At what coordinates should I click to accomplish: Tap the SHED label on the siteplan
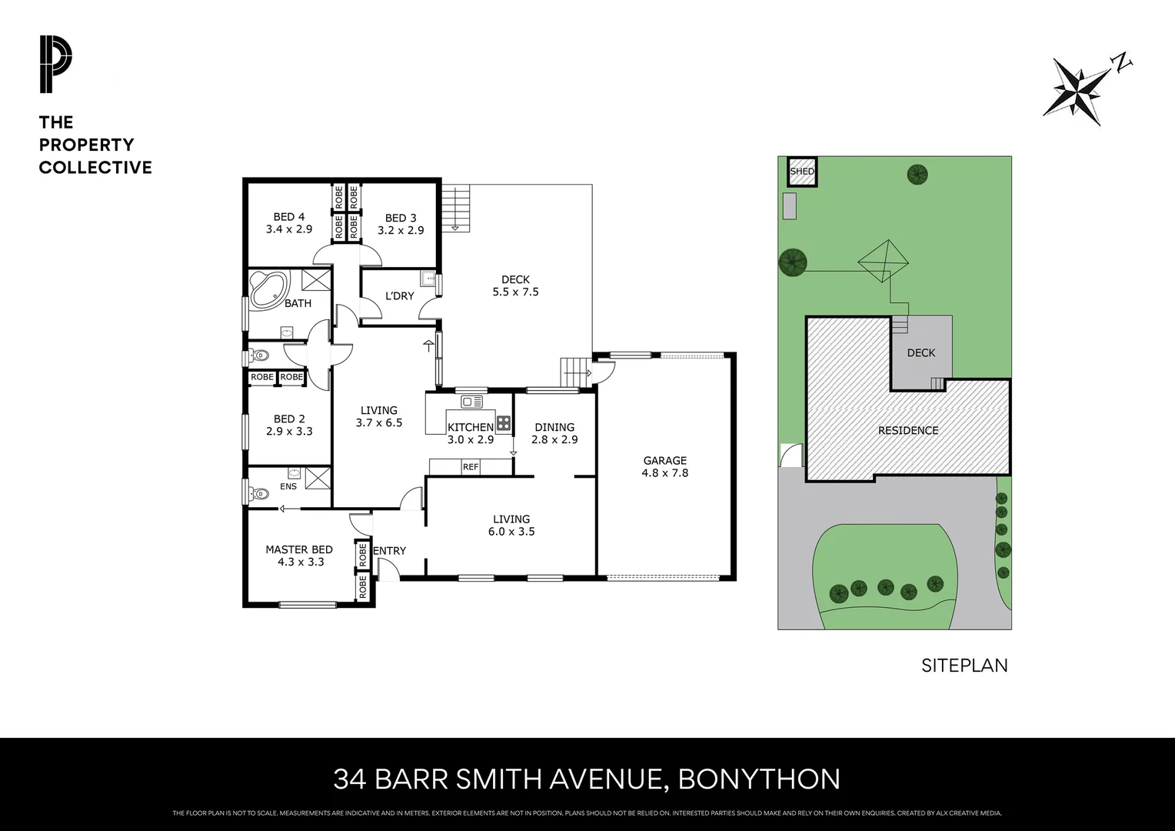coord(802,171)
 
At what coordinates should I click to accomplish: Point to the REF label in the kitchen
coord(470,466)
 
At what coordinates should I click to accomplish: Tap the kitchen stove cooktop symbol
coord(504,422)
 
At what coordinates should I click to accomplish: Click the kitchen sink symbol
coord(471,402)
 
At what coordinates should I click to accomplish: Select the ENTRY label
coord(389,550)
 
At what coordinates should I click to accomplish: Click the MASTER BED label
coord(299,549)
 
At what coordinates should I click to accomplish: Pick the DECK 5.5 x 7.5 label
coord(515,285)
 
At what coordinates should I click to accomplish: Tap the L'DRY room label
coord(399,295)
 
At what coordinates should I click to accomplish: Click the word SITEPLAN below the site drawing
coord(964,666)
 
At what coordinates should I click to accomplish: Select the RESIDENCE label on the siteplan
coord(908,430)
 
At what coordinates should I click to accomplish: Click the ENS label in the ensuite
coord(288,486)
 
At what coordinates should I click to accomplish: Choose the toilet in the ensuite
coord(258,493)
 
